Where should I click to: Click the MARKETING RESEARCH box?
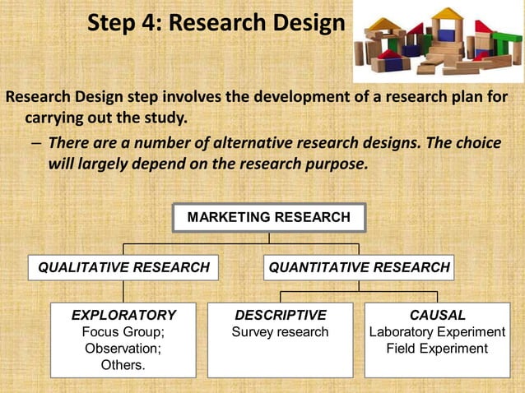pyautogui.click(x=268, y=218)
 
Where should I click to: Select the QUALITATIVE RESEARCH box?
pyautogui.click(x=123, y=267)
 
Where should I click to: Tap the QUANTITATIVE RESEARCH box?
pyautogui.click(x=359, y=267)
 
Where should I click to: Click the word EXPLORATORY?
pyautogui.click(x=123, y=315)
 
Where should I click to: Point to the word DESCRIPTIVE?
pyautogui.click(x=281, y=315)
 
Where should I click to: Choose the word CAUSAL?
pyautogui.click(x=437, y=315)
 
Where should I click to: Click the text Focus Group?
pyautogui.click(x=123, y=332)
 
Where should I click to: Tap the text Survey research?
pyautogui.click(x=281, y=332)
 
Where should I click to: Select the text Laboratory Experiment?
pyautogui.click(x=437, y=332)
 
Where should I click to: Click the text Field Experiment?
pyautogui.click(x=437, y=349)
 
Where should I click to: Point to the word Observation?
pyautogui.click(x=123, y=349)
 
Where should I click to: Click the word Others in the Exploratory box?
pyautogui.click(x=123, y=365)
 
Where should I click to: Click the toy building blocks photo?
pyautogui.click(x=438, y=41)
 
